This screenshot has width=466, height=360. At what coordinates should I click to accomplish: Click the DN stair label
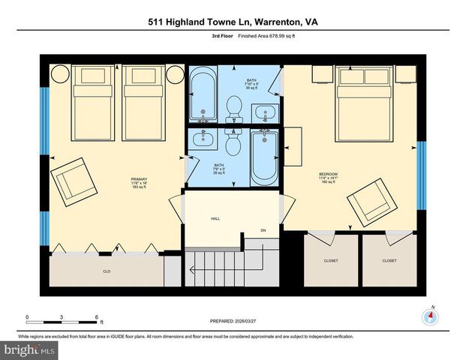pos(263,230)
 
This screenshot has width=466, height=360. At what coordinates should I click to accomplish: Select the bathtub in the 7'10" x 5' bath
pos(202,95)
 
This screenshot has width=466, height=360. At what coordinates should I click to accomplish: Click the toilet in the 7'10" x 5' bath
pos(233,108)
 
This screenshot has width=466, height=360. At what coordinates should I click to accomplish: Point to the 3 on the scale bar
pos(62,317)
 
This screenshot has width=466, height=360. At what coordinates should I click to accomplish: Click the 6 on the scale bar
pos(97,317)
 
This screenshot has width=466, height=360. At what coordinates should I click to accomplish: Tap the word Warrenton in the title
pos(272,22)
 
